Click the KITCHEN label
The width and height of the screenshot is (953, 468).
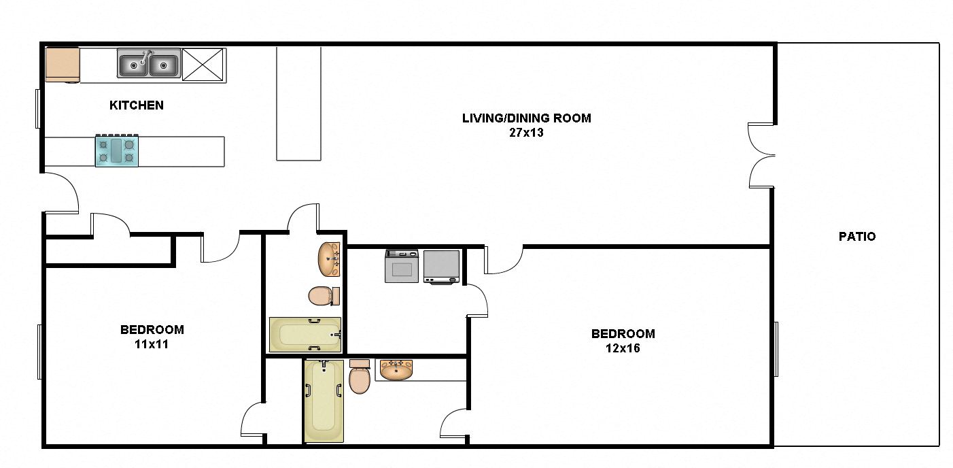(136, 105)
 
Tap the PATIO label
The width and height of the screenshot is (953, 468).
(857, 236)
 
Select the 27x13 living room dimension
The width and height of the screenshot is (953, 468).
(526, 133)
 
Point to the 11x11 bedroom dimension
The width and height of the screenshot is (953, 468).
(152, 344)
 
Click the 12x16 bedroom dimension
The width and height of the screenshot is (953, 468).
(623, 348)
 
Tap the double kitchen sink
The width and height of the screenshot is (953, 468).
(149, 63)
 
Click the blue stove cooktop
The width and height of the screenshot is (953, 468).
(116, 150)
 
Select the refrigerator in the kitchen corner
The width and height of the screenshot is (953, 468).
(63, 65)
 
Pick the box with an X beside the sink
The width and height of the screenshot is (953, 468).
(203, 65)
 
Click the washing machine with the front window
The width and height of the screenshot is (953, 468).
(402, 266)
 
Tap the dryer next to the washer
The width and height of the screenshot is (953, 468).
(442, 267)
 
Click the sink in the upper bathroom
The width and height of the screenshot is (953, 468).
(329, 259)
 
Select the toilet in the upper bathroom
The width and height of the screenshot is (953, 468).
(324, 296)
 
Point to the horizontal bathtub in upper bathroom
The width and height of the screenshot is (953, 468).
(305, 335)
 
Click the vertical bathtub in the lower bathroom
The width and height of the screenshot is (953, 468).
(324, 401)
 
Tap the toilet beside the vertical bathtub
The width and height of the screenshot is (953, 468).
(360, 376)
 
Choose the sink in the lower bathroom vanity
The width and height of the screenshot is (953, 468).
(396, 369)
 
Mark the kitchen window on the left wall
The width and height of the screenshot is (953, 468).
(38, 109)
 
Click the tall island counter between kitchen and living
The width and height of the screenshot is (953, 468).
(298, 103)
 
